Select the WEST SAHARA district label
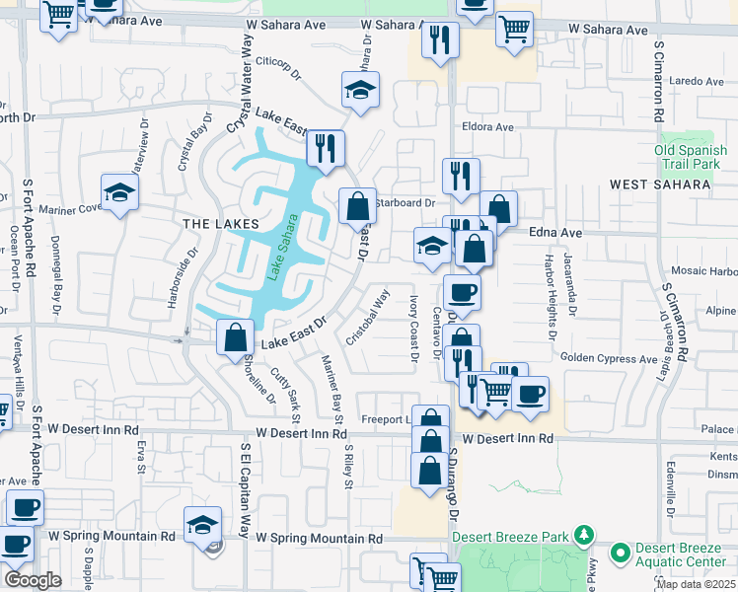(x=659, y=185)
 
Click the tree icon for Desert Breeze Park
(x=585, y=535)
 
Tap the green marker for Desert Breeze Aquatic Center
(x=621, y=551)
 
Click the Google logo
(x=33, y=580)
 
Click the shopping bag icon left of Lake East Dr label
(x=235, y=337)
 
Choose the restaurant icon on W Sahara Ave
(x=439, y=39)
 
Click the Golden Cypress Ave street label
(x=608, y=358)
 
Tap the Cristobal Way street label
(x=366, y=316)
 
